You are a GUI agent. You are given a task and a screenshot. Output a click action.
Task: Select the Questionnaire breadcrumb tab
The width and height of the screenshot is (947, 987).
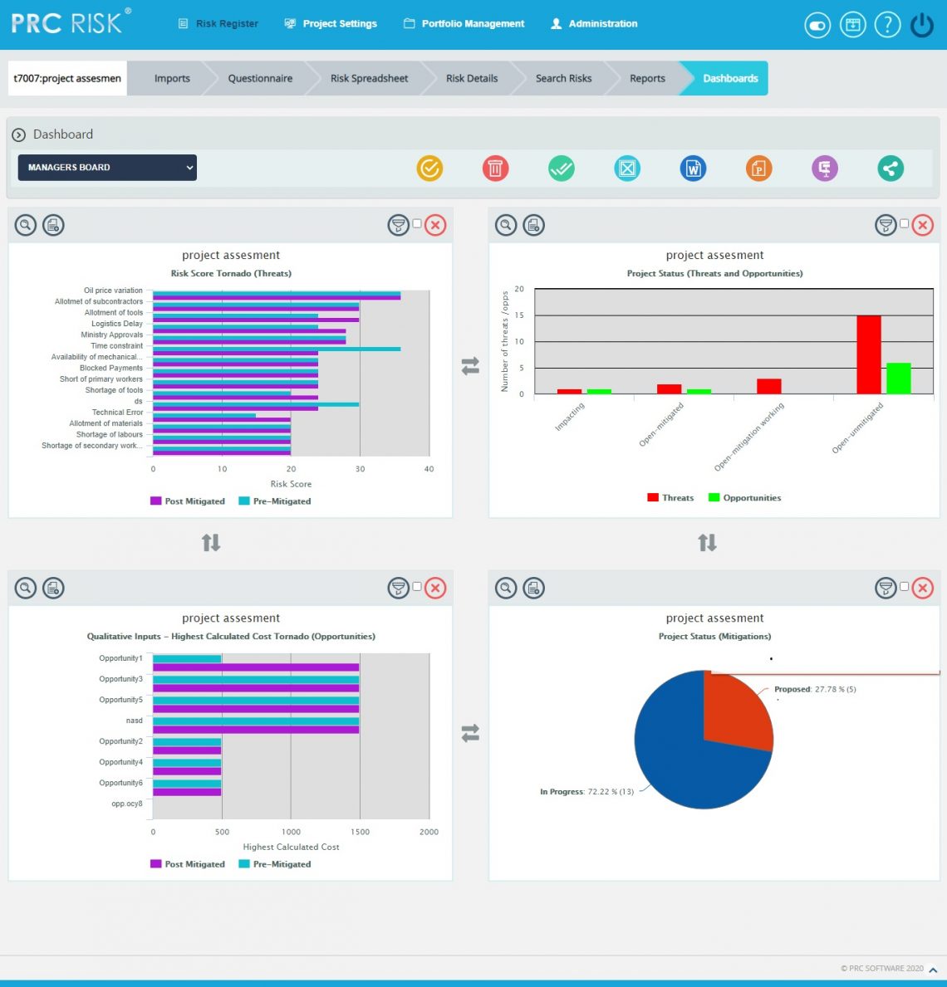(x=260, y=79)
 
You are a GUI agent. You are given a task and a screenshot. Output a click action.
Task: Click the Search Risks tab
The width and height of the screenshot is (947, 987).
(x=563, y=79)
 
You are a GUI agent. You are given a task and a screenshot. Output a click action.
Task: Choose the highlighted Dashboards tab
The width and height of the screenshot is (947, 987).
(x=729, y=79)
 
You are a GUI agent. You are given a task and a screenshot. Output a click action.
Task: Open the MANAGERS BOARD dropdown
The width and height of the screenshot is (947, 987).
(x=107, y=168)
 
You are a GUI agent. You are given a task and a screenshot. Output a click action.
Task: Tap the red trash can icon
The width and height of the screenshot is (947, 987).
(x=495, y=169)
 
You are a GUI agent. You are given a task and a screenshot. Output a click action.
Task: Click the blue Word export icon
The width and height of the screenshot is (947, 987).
(x=693, y=169)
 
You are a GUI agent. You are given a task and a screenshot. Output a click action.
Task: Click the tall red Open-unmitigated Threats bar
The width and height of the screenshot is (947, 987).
(x=868, y=354)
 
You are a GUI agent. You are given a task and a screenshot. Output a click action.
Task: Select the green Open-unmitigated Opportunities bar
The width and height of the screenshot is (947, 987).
(x=898, y=379)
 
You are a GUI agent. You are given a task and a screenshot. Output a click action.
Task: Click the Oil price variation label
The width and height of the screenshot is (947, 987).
(x=113, y=291)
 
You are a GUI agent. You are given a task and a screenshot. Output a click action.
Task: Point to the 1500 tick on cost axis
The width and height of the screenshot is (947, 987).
(x=360, y=832)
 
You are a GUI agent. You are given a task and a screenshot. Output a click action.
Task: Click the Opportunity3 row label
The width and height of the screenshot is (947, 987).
(x=120, y=679)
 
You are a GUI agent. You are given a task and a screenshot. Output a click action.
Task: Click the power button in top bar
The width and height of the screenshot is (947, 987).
(x=922, y=26)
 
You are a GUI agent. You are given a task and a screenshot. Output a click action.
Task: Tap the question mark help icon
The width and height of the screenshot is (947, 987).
(x=887, y=25)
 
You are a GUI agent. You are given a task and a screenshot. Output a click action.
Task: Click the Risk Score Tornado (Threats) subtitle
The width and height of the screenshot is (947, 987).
(x=231, y=273)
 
